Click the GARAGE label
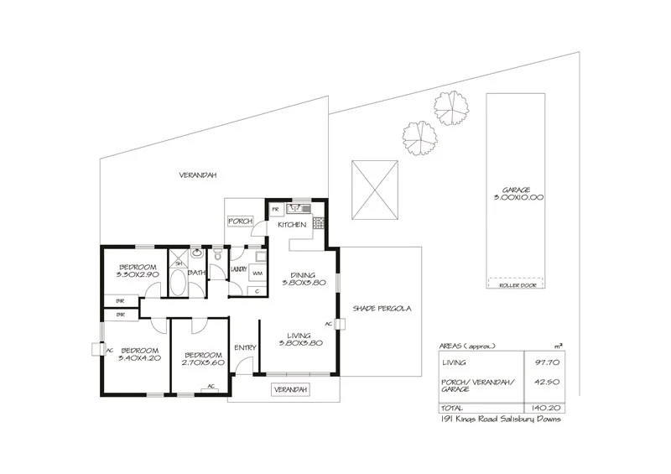coord(518,190)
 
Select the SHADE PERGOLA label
coord(381,309)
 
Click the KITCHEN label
coord(291,225)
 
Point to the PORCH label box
coord(241,221)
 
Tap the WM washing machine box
coord(257,273)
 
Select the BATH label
coord(197,273)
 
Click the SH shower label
coord(178,262)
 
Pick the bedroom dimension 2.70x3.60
coord(201,362)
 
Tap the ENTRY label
coord(245,348)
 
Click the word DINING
coord(303,274)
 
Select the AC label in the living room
coord(329,323)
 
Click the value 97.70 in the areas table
coord(543,363)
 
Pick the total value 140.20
coord(542,409)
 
